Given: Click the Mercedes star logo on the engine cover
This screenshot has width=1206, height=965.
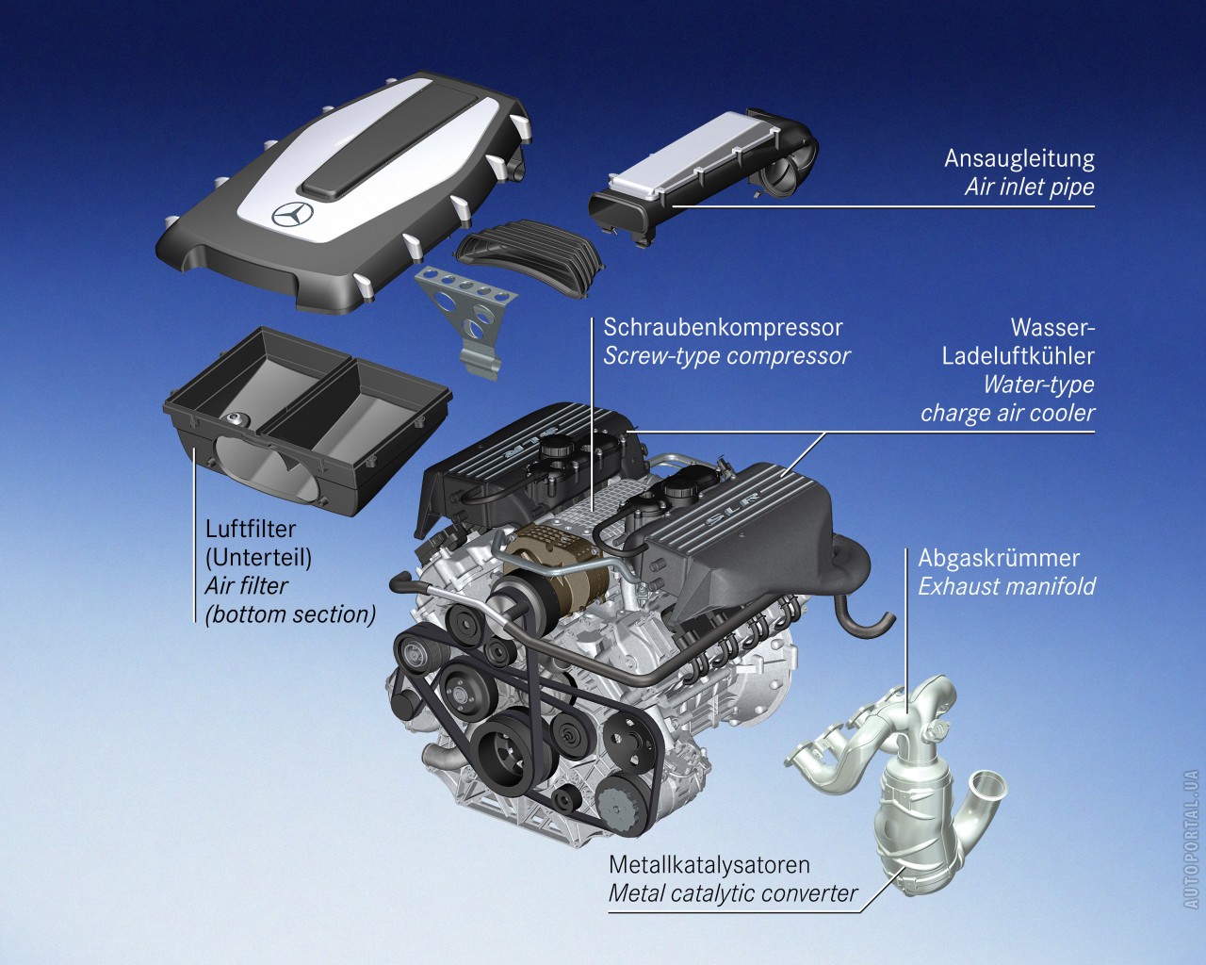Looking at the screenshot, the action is pyautogui.click(x=292, y=214).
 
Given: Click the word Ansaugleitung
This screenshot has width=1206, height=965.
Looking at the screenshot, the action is pyautogui.click(x=1019, y=158).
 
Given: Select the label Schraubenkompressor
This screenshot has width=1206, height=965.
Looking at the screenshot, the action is pyautogui.click(x=723, y=327).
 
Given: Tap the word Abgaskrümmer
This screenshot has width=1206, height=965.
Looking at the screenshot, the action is pyautogui.click(x=999, y=558).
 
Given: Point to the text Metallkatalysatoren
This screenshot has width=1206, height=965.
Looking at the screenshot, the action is pyautogui.click(x=709, y=864).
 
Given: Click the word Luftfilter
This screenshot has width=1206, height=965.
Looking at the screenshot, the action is pyautogui.click(x=251, y=529).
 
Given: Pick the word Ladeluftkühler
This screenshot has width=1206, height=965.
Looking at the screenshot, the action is pyautogui.click(x=1018, y=356).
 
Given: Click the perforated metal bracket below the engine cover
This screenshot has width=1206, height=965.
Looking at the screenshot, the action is pyautogui.click(x=466, y=319).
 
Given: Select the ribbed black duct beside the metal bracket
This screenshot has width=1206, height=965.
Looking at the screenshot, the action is pyautogui.click(x=529, y=255).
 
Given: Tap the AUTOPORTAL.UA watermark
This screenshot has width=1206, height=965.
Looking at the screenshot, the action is pyautogui.click(x=1192, y=839).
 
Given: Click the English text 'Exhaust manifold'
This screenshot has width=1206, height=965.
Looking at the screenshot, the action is pyautogui.click(x=1006, y=586).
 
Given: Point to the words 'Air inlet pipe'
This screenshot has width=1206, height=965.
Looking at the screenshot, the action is pyautogui.click(x=1029, y=188).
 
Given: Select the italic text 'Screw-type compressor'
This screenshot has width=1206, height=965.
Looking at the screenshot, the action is pyautogui.click(x=726, y=356).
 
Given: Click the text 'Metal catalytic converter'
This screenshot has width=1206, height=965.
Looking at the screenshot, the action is pyautogui.click(x=733, y=893).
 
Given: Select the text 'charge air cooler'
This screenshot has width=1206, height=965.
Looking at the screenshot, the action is pyautogui.click(x=1007, y=414).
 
